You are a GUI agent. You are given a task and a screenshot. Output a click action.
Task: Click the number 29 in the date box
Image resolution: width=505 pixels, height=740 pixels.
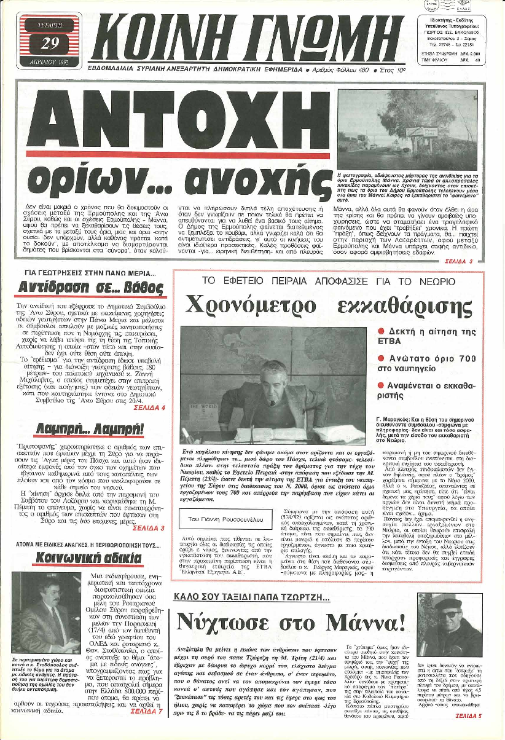click(49, 43)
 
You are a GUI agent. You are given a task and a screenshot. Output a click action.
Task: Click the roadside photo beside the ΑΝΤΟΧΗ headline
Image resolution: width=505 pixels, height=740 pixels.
click(407, 130)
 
